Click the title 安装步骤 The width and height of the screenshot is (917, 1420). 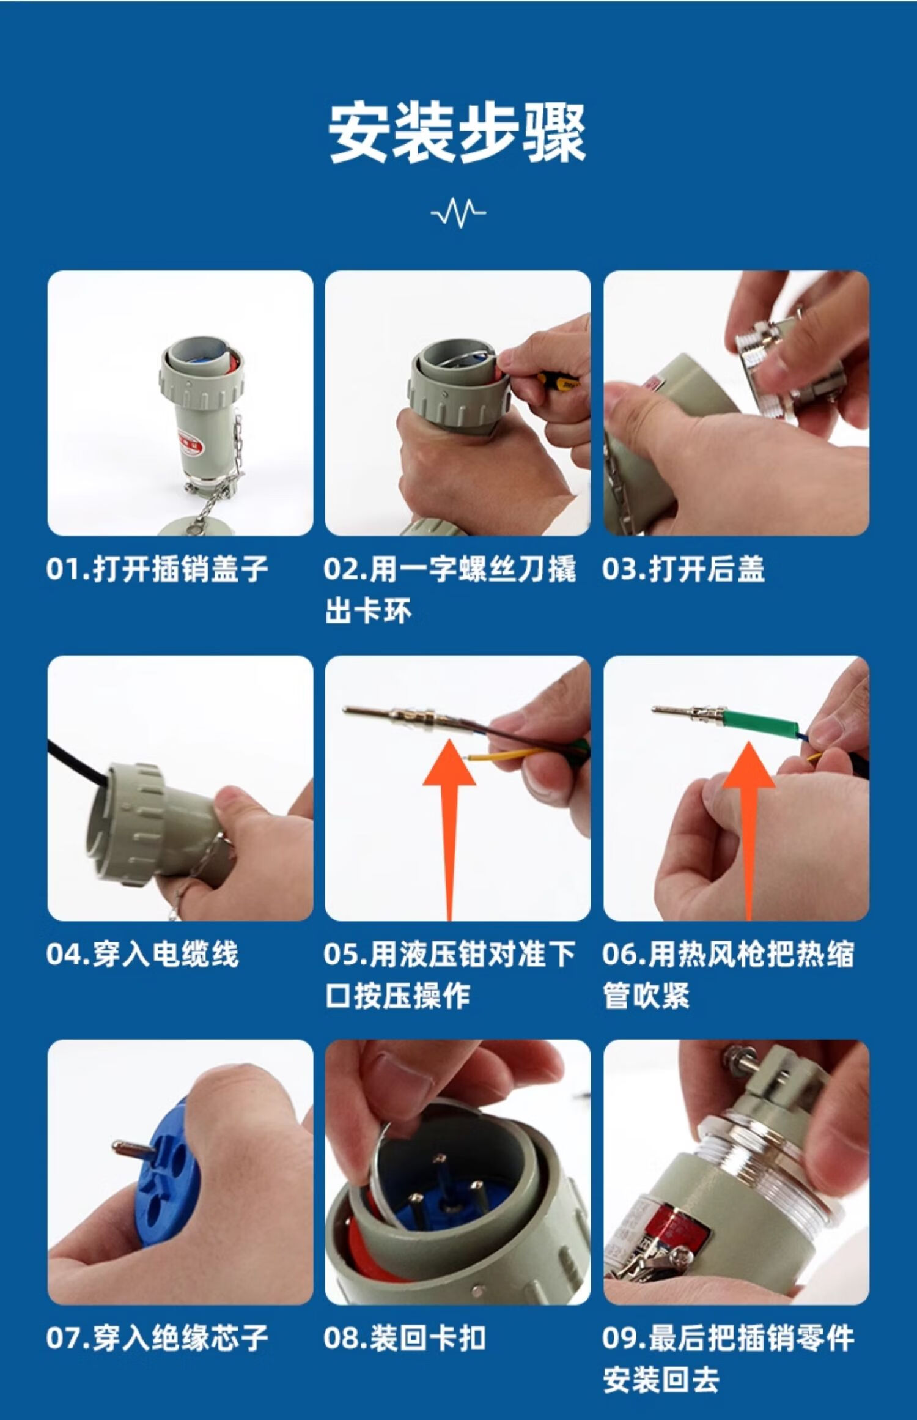coord(458,133)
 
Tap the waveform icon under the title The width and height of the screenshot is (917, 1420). coord(458,212)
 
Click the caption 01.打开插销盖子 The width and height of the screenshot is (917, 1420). coord(157,569)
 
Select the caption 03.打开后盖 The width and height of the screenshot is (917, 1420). coord(683,569)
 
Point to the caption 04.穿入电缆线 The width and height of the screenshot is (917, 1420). coord(142,954)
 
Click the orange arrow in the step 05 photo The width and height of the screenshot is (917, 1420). coord(449,830)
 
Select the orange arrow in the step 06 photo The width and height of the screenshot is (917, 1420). coord(749,830)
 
